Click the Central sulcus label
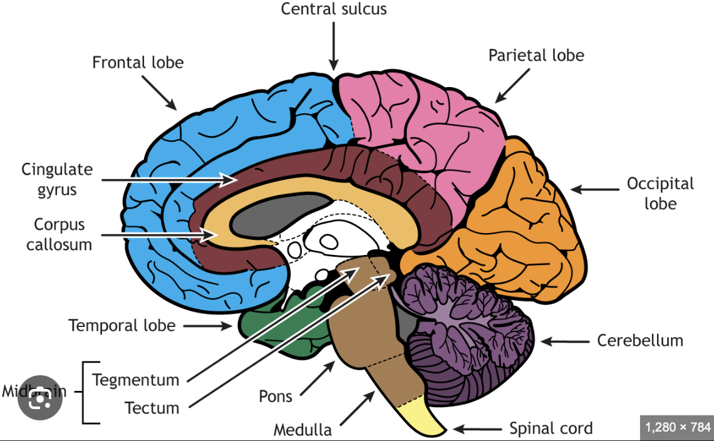(x=333, y=9)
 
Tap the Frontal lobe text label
(x=138, y=63)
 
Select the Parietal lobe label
(x=536, y=55)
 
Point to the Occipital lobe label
(x=660, y=194)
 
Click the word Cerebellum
(x=639, y=341)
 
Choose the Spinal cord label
(x=551, y=428)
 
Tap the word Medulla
(x=303, y=430)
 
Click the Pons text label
(x=276, y=396)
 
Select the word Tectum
(x=152, y=408)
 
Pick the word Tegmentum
(x=136, y=380)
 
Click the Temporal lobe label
(x=122, y=326)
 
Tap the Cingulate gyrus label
(x=56, y=179)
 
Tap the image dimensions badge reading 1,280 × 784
(x=676, y=428)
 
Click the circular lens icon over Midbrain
(x=39, y=398)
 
